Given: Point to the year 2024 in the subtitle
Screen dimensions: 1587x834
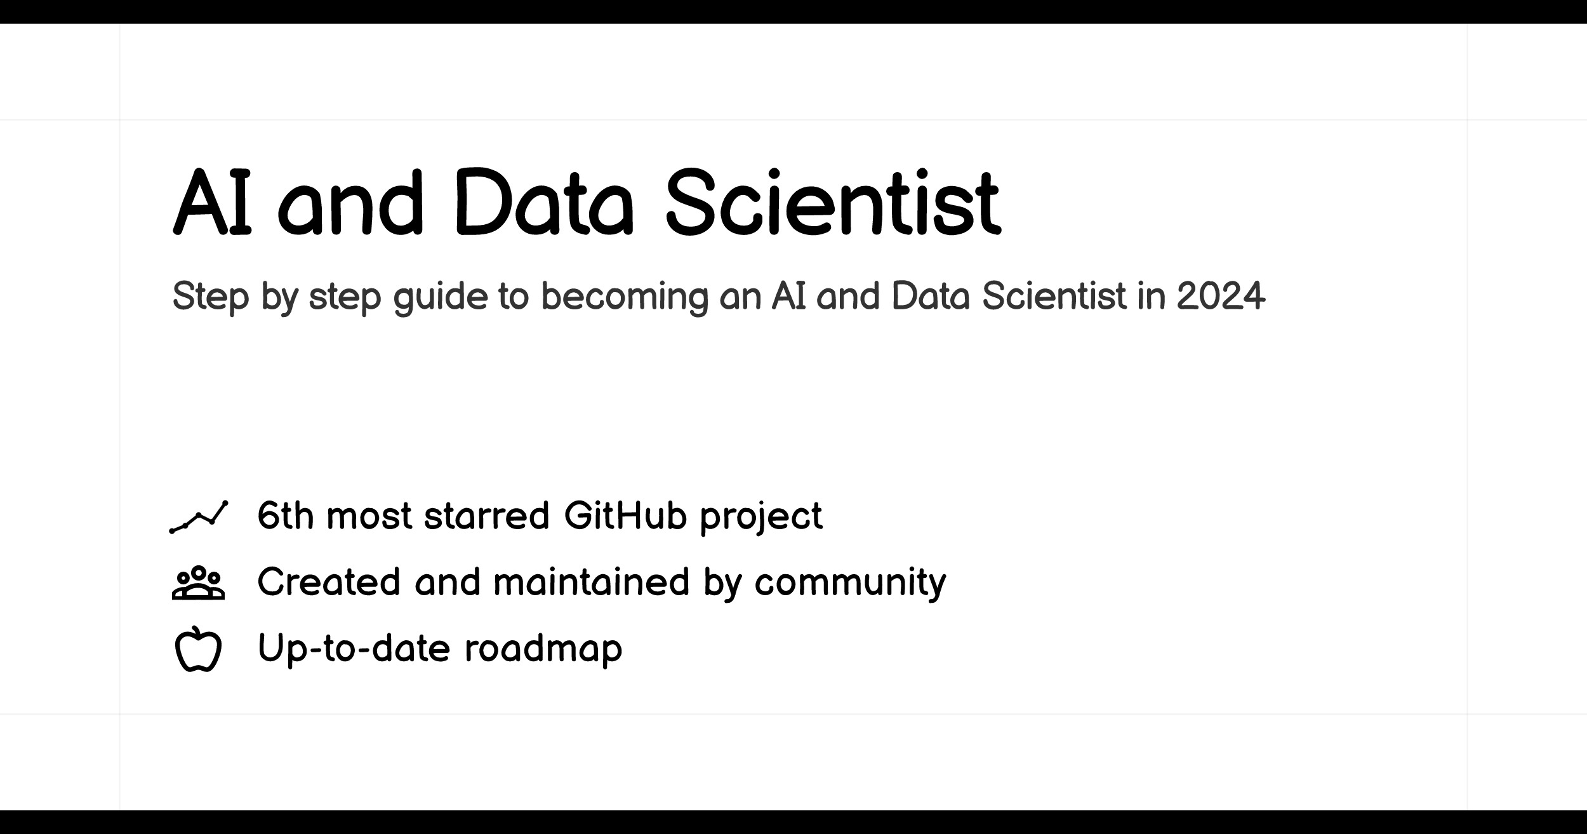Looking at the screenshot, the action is [1221, 296].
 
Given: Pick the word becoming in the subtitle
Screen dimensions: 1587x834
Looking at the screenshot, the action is [625, 297].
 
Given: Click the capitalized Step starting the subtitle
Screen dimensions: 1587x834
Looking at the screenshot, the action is [211, 297].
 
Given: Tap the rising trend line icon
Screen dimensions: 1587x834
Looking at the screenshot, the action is [199, 517].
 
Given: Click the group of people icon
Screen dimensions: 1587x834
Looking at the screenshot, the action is [198, 582].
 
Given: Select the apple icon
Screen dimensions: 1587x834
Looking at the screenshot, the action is [198, 649].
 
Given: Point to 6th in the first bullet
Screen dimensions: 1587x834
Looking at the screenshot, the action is [286, 515].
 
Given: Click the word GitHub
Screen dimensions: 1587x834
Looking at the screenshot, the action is [625, 515].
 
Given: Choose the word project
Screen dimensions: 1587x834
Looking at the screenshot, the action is [761, 516].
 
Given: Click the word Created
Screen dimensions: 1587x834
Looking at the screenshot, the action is [329, 581].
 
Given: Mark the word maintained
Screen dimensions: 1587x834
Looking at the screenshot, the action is [592, 581].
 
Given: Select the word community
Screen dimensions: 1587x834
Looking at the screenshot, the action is [851, 583].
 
